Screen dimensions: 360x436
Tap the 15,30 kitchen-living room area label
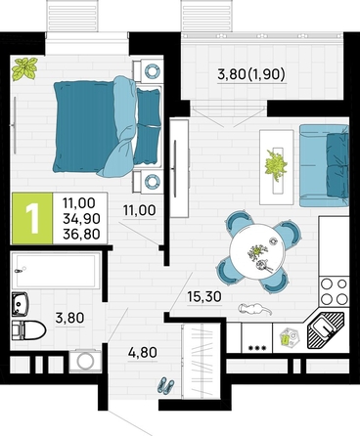(204, 296)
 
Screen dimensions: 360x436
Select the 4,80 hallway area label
(143, 352)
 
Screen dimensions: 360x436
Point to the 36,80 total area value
(81, 234)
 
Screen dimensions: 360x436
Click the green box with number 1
(32, 218)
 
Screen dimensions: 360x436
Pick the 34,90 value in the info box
(81, 218)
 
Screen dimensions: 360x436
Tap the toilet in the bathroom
(28, 329)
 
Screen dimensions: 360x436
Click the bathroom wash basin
(21, 304)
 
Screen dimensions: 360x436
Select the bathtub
(56, 271)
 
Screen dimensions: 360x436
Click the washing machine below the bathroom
(86, 361)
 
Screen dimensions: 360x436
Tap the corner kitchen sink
(326, 328)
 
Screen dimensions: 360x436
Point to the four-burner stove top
(334, 291)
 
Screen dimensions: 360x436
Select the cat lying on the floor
(254, 309)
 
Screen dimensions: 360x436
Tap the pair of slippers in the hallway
(166, 385)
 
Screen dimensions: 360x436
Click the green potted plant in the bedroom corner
(24, 68)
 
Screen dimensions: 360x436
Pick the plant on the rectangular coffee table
(277, 164)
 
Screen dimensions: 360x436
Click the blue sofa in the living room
(324, 165)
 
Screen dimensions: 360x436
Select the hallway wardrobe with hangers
(202, 361)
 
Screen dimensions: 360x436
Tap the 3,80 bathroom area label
(69, 318)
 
